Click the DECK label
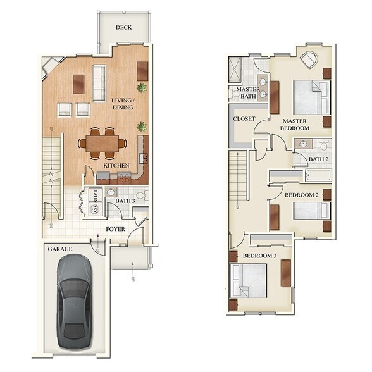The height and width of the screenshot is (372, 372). coord(123,27)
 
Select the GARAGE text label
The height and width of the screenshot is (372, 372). coord(59,249)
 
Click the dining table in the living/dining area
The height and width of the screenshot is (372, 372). coord(102,144)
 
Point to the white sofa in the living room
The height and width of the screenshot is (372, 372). coord(99,82)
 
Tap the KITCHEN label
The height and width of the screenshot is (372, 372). coord(116,166)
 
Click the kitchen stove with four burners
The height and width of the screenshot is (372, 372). coord(124,178)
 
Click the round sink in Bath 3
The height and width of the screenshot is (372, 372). coord(110,192)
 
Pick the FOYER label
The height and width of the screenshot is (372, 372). coord(115,229)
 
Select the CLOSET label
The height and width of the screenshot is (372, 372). coord(244,119)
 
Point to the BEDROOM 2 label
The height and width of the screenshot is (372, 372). coord(301,195)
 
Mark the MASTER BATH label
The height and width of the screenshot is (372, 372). coord(248,94)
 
